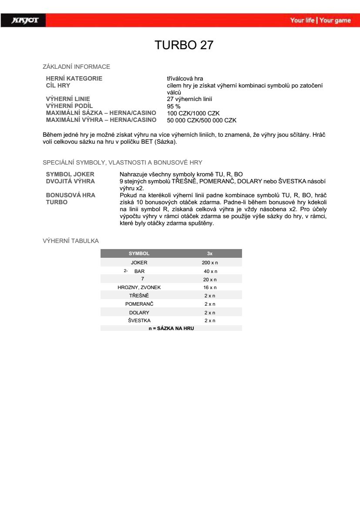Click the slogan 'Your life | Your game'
320,20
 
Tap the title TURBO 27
184,45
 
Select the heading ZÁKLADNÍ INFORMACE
76,67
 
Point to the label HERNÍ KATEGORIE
74,78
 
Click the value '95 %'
174,106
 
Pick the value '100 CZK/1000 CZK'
193,113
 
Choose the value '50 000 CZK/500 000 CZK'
202,120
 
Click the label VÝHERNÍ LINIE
68,99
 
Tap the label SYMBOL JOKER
70,174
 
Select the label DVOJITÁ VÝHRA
71,181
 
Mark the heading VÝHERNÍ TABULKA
71,241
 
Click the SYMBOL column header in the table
139,253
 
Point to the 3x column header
210,253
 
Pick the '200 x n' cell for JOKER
210,263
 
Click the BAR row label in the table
139,271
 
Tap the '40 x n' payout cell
210,271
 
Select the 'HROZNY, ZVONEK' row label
139,287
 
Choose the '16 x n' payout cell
210,287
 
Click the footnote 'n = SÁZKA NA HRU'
171,328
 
